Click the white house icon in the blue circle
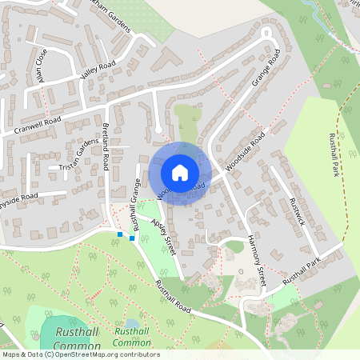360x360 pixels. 180,173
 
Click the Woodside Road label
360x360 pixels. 244,150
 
